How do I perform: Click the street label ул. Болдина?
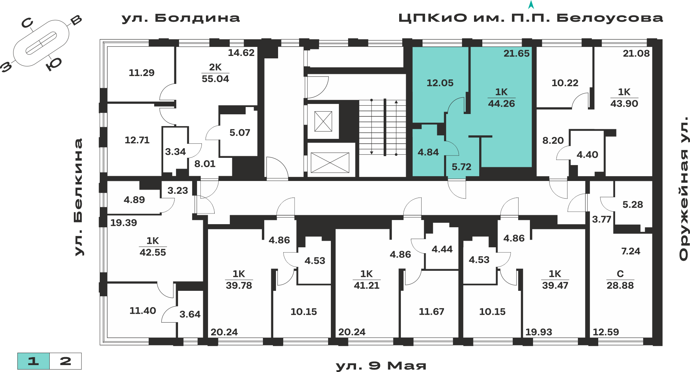click(180, 18)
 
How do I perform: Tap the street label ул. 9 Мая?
click(381, 365)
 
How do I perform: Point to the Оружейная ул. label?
click(683, 189)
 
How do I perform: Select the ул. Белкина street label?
click(79, 197)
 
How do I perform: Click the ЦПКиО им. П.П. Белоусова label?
click(531, 18)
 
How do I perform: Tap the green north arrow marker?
click(531, 5)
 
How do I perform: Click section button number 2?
click(66, 361)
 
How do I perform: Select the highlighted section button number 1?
click(33, 361)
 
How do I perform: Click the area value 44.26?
click(501, 104)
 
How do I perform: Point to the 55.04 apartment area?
click(215, 79)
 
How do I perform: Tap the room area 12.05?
click(440, 83)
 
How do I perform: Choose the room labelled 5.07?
click(240, 133)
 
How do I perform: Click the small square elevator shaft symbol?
click(323, 121)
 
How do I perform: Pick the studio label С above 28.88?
click(620, 274)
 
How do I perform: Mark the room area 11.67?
click(431, 312)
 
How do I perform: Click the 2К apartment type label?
click(215, 67)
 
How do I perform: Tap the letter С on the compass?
click(27, 23)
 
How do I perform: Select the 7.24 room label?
click(631, 251)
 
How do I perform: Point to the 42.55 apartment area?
click(152, 252)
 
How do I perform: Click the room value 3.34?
click(175, 152)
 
